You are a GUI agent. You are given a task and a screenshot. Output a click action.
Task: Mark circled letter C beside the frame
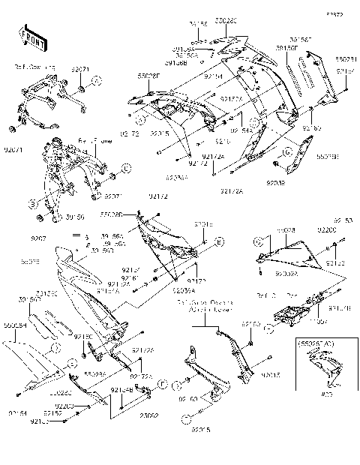pos(127,168)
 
